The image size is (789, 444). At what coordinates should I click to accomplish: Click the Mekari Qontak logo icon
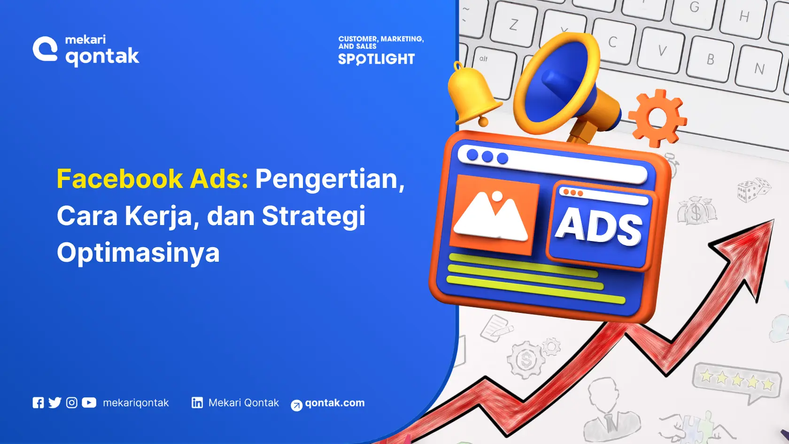[45, 49]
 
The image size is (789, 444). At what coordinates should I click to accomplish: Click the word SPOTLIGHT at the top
[376, 59]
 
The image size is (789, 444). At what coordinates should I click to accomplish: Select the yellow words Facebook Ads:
[152, 179]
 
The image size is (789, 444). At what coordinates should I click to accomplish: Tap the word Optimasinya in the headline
[138, 252]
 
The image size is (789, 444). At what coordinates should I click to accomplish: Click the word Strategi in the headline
[313, 216]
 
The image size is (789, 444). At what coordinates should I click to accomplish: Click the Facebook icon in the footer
[38, 403]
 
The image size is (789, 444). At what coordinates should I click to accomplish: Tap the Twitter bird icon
[55, 403]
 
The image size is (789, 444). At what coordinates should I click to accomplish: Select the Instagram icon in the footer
[72, 403]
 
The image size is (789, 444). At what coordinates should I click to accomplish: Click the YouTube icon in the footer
[89, 403]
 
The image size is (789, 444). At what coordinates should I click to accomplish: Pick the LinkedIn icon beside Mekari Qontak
[197, 403]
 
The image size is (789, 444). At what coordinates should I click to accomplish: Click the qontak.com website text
[334, 403]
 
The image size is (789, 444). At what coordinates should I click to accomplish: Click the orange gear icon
[657, 117]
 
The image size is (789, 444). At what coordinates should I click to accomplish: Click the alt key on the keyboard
[484, 59]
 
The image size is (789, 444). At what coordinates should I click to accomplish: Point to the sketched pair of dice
[753, 190]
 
